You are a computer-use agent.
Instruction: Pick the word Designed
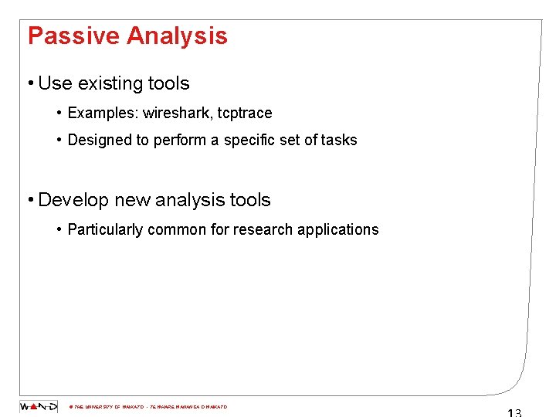click(97, 141)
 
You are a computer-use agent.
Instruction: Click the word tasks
click(338, 141)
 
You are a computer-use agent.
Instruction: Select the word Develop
click(73, 200)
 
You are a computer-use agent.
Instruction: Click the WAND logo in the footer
click(39, 407)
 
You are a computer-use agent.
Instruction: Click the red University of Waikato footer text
click(147, 407)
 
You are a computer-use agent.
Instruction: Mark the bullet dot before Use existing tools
click(29, 83)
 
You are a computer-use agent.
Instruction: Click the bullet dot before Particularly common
click(59, 229)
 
